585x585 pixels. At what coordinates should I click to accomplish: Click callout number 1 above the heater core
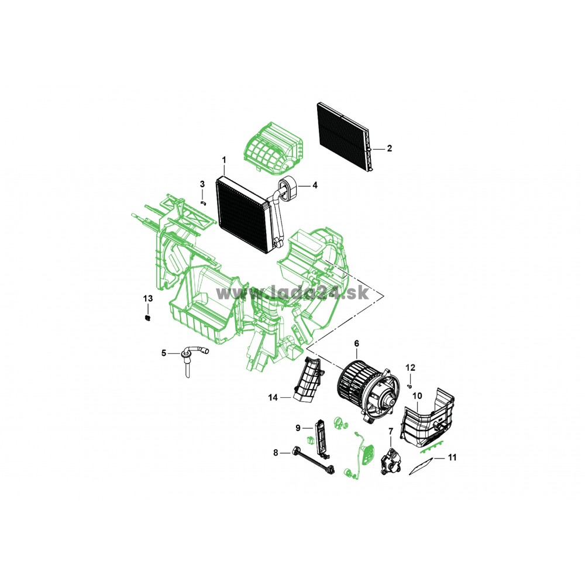(x=224, y=160)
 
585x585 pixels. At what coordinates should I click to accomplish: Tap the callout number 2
(x=390, y=149)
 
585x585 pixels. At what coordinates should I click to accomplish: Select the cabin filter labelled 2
(x=346, y=136)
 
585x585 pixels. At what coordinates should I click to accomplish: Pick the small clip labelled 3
(x=204, y=203)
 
